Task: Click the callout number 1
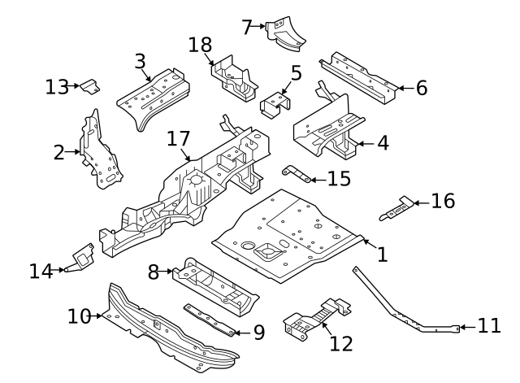point(382,255)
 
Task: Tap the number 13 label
point(57,86)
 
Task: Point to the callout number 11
point(489,327)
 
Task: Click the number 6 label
point(422,88)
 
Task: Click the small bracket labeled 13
point(90,85)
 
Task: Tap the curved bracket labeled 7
point(285,32)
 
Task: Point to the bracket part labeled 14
point(83,257)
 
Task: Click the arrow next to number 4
point(362,144)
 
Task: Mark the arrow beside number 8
point(167,272)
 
